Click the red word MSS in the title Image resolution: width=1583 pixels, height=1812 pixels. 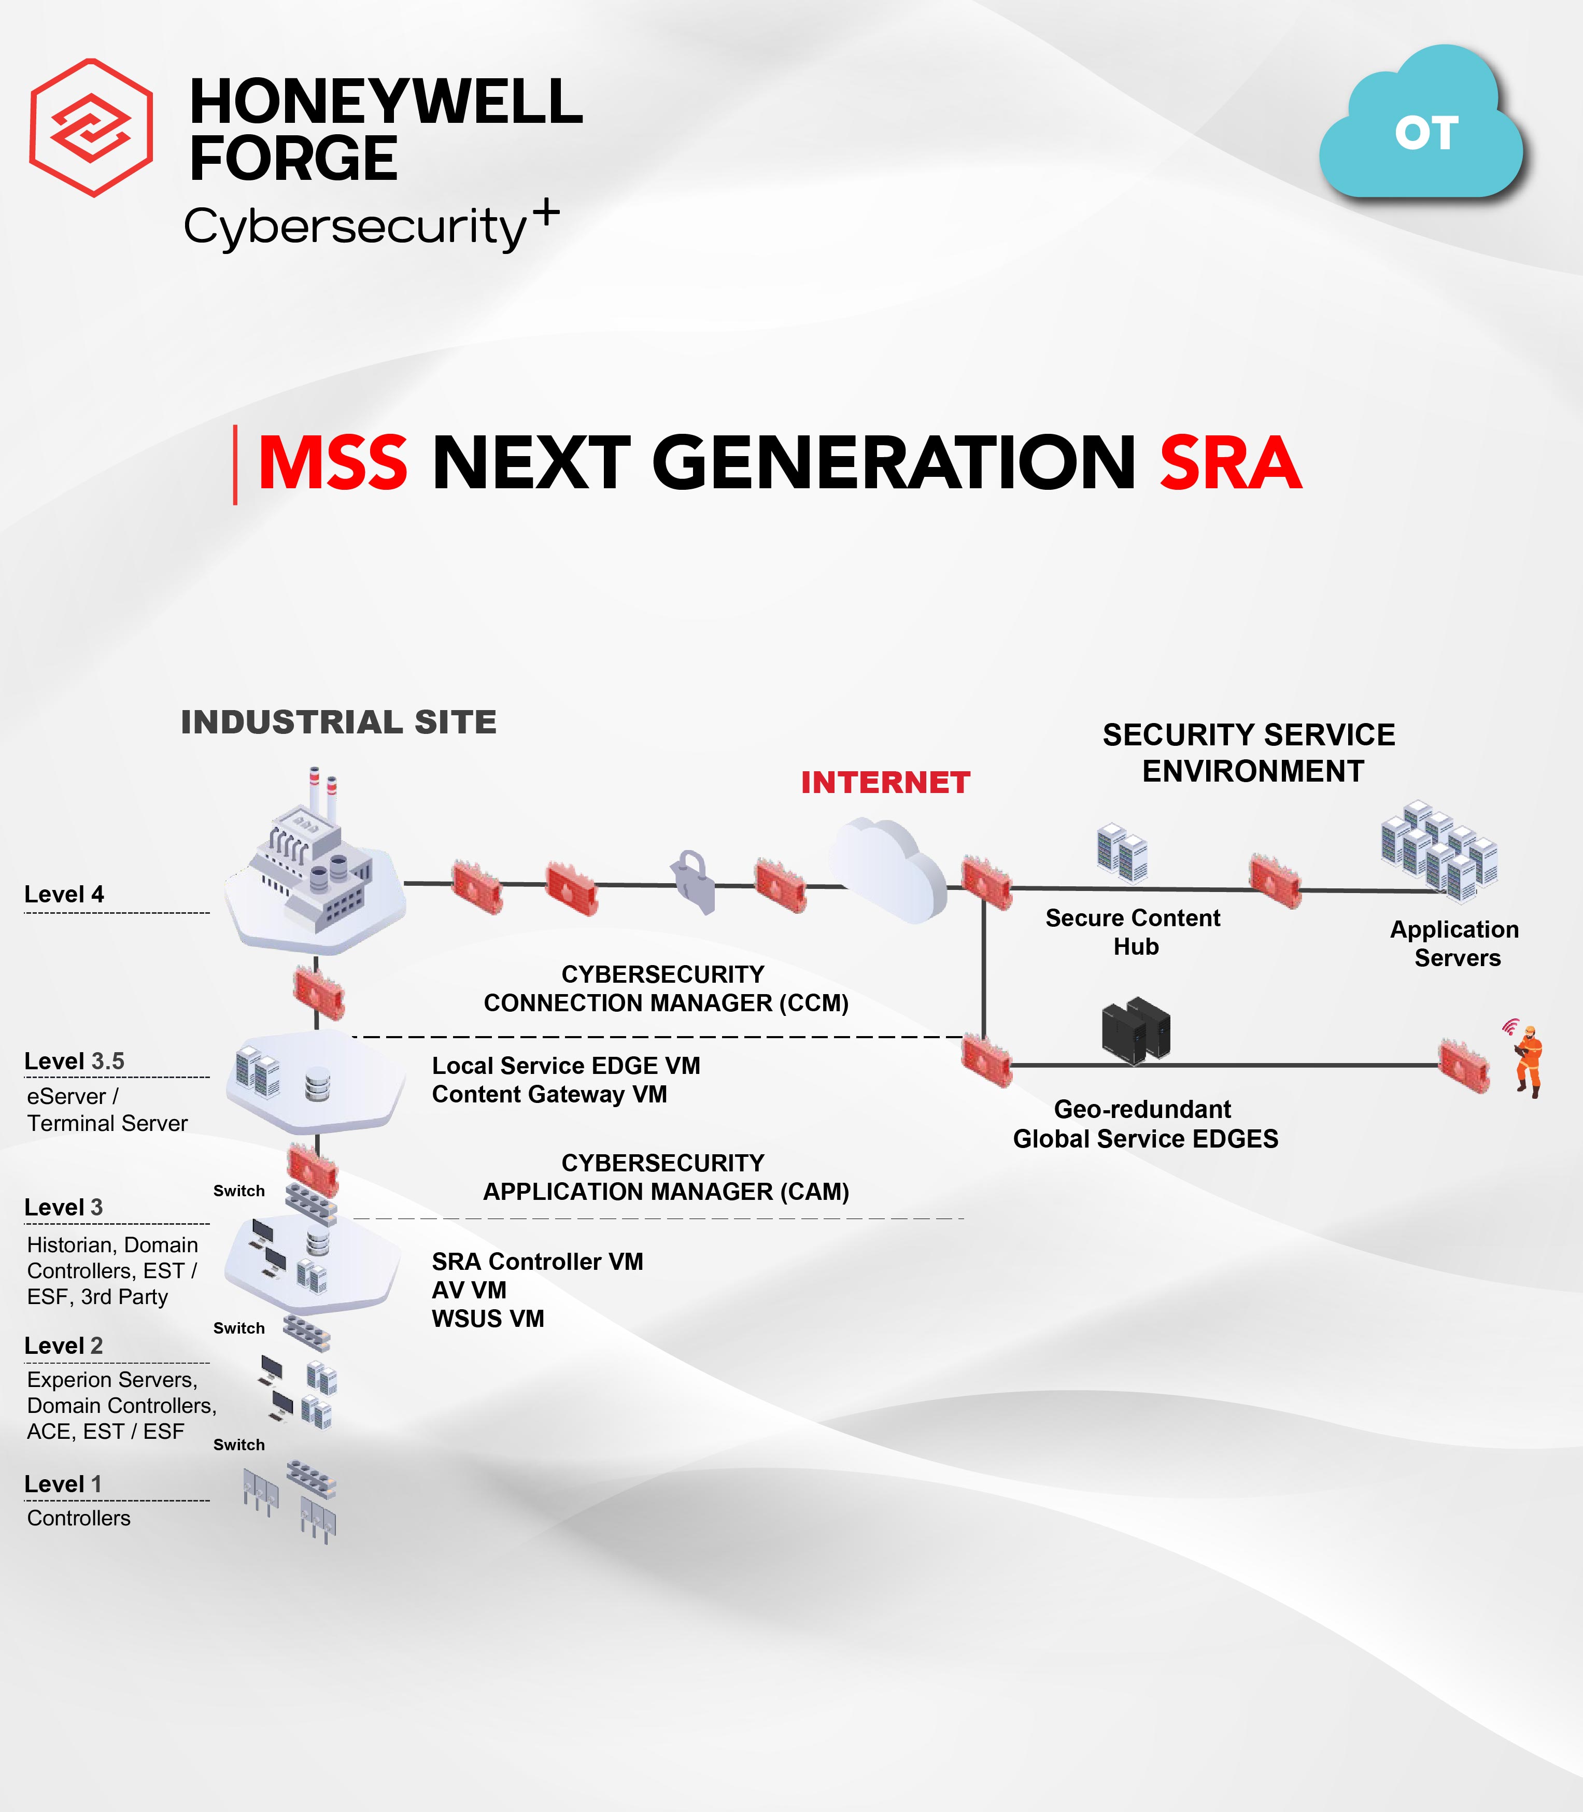[x=332, y=463]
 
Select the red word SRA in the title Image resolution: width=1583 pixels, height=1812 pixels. [x=1231, y=463]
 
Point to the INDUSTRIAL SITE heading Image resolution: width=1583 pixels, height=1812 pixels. [x=338, y=722]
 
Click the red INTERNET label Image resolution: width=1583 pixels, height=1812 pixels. [x=885, y=782]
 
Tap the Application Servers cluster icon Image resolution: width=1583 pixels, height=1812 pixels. [x=1439, y=851]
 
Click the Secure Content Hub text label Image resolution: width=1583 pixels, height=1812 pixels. [x=1134, y=932]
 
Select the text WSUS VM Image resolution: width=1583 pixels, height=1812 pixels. [x=488, y=1319]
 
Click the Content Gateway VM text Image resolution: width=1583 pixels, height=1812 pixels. [x=549, y=1095]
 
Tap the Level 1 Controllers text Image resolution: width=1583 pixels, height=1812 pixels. [x=79, y=1518]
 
